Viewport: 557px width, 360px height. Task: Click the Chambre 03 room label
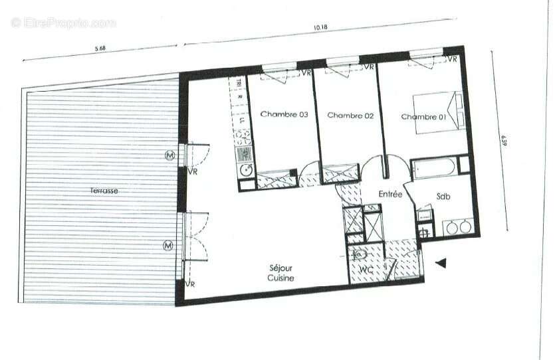click(x=284, y=114)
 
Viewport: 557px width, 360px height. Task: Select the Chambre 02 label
click(x=350, y=115)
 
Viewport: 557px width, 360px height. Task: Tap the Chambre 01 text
click(x=423, y=117)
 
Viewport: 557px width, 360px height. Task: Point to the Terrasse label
click(x=104, y=191)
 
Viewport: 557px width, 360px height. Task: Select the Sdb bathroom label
click(x=445, y=197)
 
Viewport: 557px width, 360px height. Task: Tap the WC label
click(x=365, y=270)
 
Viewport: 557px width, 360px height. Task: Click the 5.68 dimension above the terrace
click(x=100, y=47)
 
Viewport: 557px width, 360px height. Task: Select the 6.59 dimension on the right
click(x=503, y=141)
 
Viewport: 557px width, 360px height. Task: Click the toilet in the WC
click(x=362, y=254)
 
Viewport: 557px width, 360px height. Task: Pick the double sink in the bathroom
click(x=459, y=227)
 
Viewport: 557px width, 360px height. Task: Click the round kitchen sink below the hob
click(x=245, y=169)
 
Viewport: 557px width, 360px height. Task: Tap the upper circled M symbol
click(x=169, y=155)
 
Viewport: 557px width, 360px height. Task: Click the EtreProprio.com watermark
click(x=63, y=23)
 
